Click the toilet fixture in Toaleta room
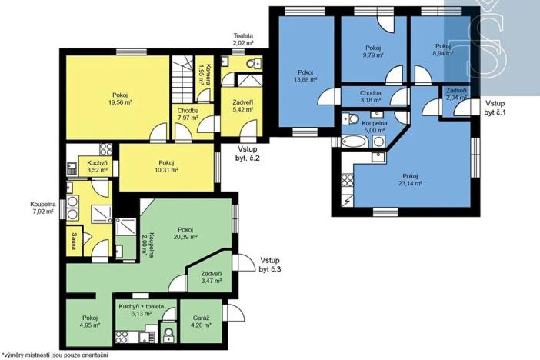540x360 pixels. click(256, 63)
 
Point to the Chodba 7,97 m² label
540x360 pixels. click(188, 113)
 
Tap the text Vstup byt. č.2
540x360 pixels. click(248, 153)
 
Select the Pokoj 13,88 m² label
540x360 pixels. click(307, 75)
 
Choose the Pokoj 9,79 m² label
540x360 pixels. click(372, 52)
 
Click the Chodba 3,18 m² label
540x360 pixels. click(372, 96)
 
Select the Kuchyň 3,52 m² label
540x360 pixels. click(98, 167)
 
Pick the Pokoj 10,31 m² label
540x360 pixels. click(167, 166)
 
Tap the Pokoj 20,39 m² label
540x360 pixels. click(184, 233)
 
